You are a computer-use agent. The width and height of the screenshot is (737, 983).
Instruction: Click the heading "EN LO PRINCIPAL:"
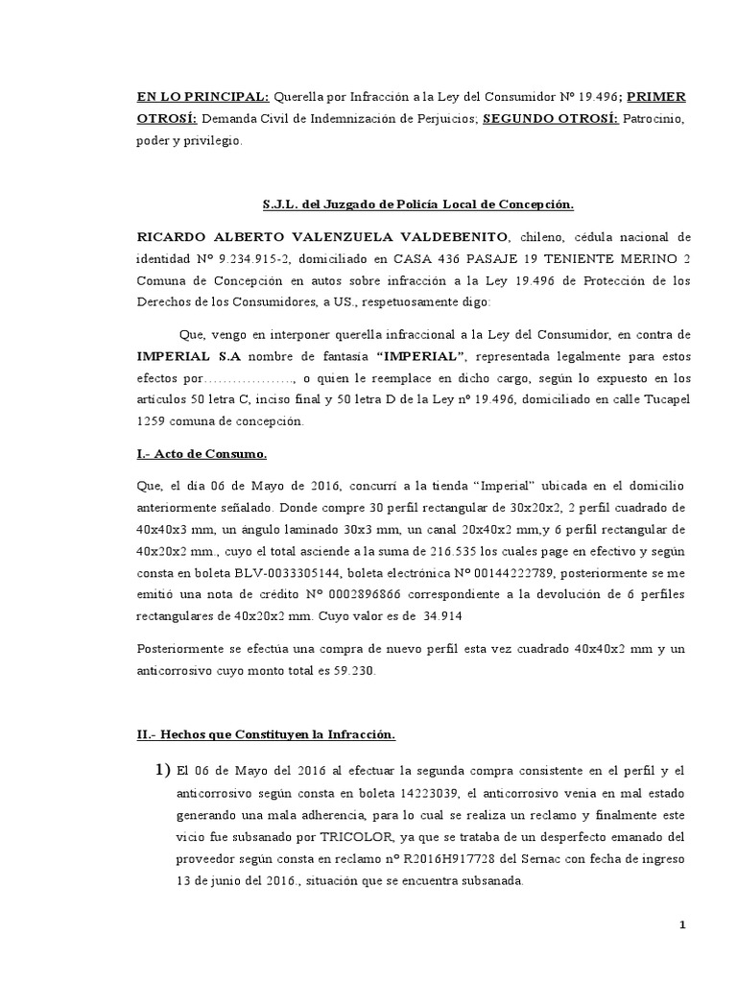[202, 97]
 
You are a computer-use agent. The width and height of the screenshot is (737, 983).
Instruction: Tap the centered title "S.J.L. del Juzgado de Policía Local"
[417, 204]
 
